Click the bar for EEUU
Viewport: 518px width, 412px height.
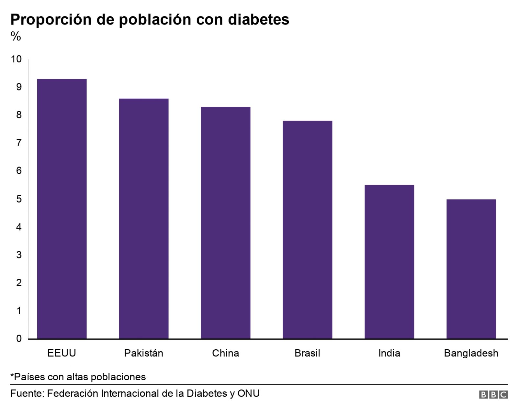click(62, 209)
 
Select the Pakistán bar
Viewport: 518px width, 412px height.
click(144, 218)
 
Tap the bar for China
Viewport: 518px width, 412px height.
click(226, 222)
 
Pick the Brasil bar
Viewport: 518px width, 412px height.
click(308, 230)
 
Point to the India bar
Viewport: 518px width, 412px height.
click(389, 262)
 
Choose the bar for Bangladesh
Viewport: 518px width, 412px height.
click(471, 269)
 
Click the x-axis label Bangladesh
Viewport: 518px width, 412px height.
click(471, 353)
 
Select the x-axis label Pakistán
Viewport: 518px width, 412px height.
click(144, 353)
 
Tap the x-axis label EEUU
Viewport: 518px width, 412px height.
click(62, 353)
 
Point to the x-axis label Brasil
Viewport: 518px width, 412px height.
click(308, 353)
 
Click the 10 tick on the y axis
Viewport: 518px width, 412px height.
click(16, 59)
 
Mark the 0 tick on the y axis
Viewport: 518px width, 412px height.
click(19, 339)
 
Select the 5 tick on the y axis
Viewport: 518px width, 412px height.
click(19, 199)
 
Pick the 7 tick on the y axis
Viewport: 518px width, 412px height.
click(19, 143)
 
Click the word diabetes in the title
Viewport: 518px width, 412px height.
click(259, 19)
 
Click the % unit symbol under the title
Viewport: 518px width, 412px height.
click(16, 36)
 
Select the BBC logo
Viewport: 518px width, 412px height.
click(493, 395)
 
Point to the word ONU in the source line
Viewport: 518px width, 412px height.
click(249, 394)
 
